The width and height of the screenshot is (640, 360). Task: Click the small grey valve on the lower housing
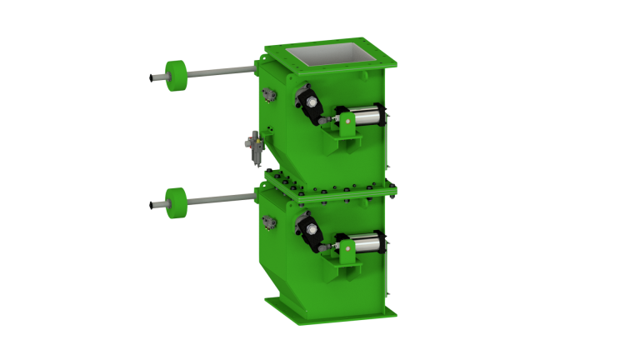(267, 222)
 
